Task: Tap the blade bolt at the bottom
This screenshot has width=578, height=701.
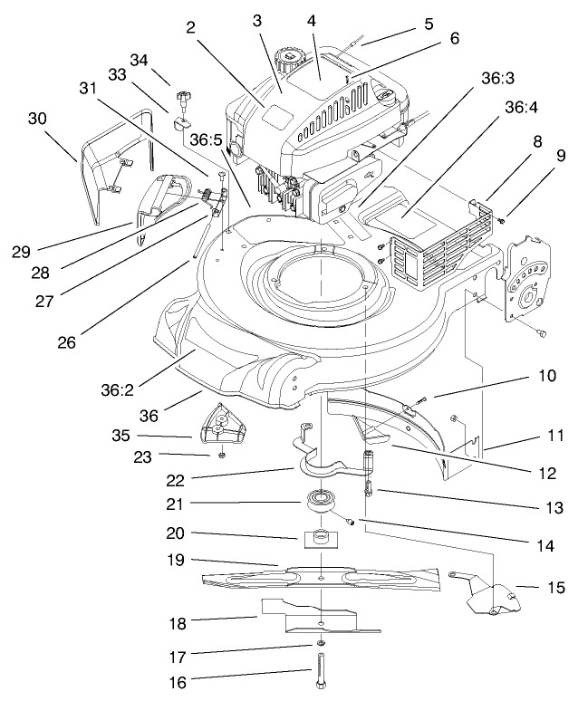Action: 323,671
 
